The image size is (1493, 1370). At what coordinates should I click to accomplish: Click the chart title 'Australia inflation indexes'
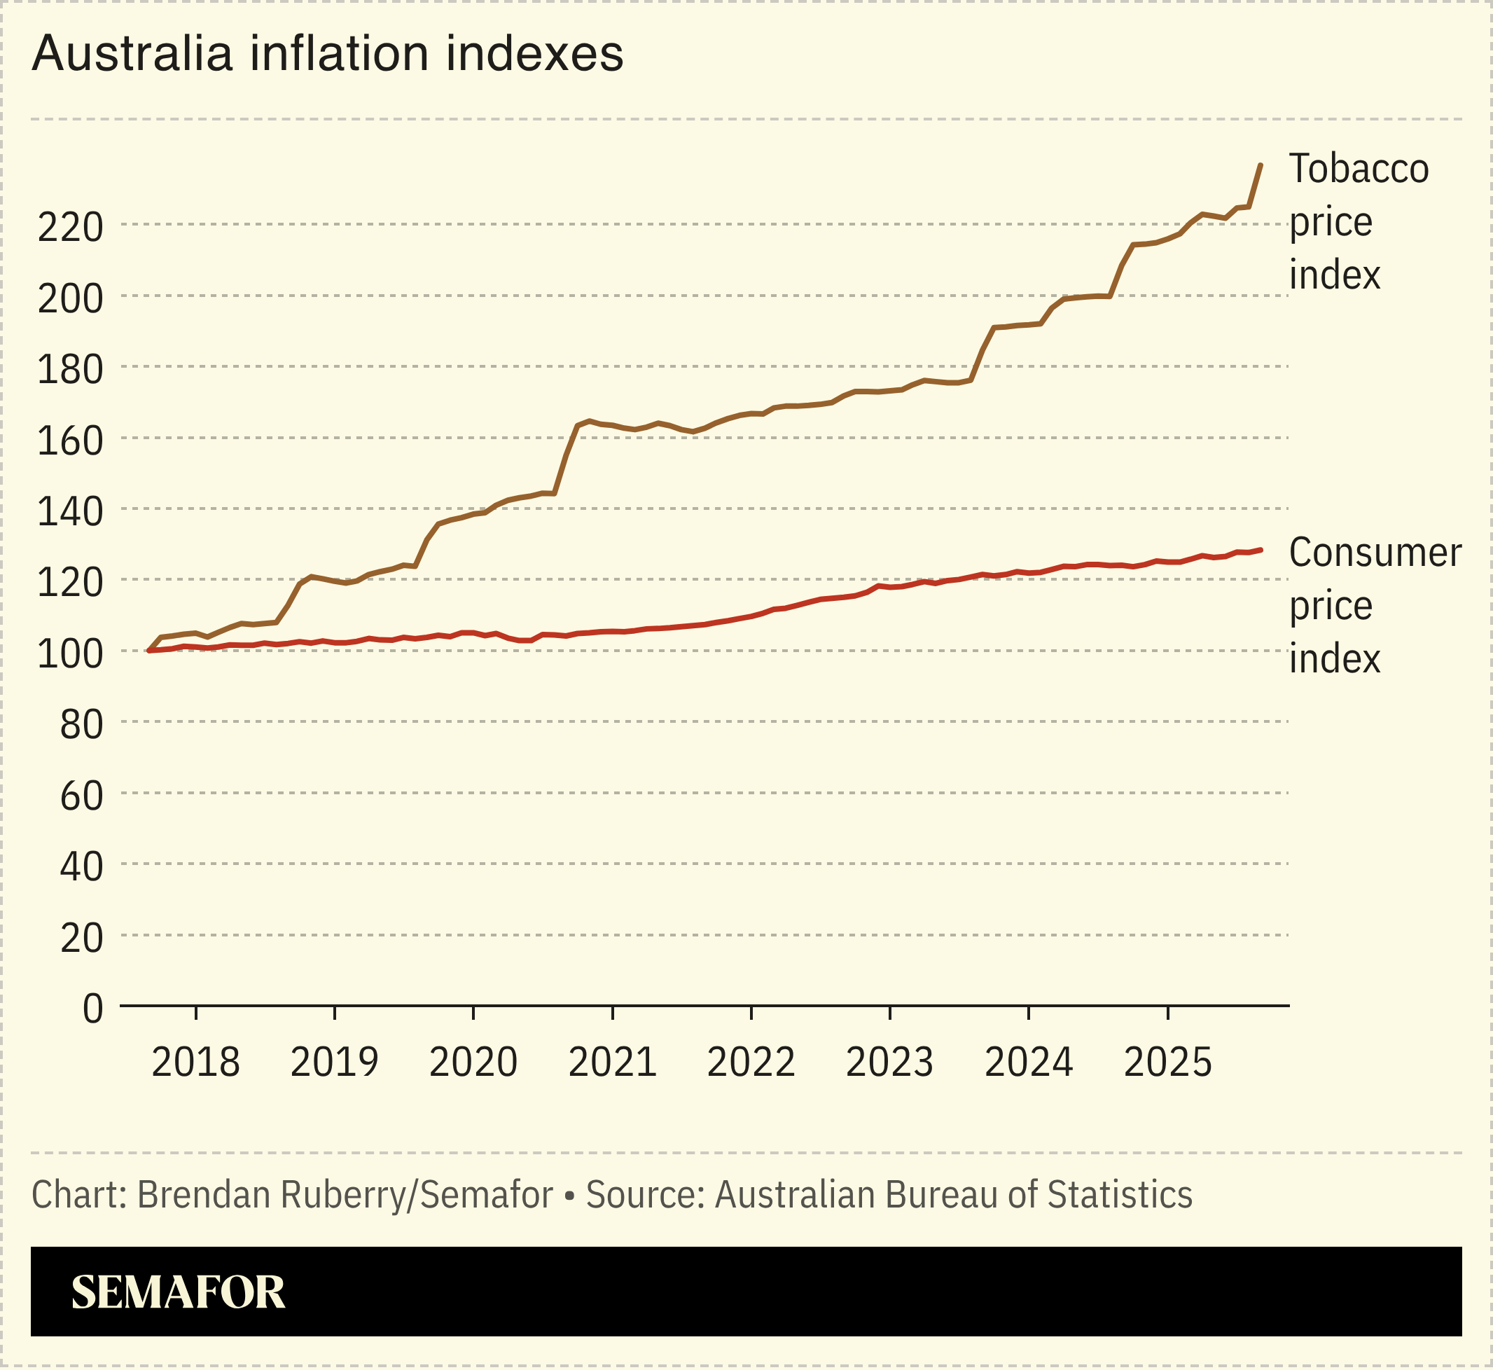pyautogui.click(x=327, y=53)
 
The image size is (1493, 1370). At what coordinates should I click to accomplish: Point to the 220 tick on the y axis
pyautogui.click(x=70, y=227)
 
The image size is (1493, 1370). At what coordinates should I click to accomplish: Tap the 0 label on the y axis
pyautogui.click(x=92, y=1009)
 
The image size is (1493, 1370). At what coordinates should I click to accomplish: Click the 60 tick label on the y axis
pyautogui.click(x=81, y=796)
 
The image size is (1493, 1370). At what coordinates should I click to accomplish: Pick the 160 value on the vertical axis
pyautogui.click(x=70, y=441)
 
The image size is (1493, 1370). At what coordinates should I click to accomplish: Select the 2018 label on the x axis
pyautogui.click(x=195, y=1063)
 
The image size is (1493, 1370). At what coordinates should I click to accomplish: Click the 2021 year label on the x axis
pyautogui.click(x=612, y=1063)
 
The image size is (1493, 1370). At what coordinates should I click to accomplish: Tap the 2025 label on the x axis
pyautogui.click(x=1167, y=1063)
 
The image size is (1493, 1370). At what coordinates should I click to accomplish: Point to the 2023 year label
pyautogui.click(x=889, y=1063)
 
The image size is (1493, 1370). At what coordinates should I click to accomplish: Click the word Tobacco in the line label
pyautogui.click(x=1359, y=169)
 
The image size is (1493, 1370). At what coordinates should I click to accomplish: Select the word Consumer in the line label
pyautogui.click(x=1375, y=553)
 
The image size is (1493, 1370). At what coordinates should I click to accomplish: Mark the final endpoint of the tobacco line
pyautogui.click(x=1261, y=165)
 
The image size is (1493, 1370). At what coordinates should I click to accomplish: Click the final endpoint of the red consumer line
pyautogui.click(x=1261, y=550)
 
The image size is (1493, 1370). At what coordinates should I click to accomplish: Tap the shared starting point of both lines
pyautogui.click(x=149, y=650)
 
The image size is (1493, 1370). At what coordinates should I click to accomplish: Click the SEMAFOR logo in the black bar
pyautogui.click(x=178, y=1292)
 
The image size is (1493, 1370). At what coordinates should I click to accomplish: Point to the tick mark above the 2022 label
pyautogui.click(x=751, y=1013)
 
